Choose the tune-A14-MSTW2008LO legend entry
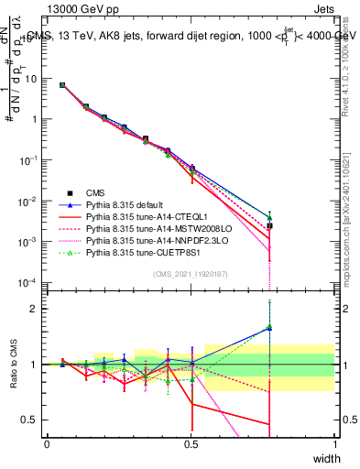(147, 229)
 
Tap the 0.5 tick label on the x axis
(191, 444)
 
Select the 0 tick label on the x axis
(47, 444)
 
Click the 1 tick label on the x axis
(335, 444)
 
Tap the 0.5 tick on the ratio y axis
(32, 420)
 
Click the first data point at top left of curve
(62, 85)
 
